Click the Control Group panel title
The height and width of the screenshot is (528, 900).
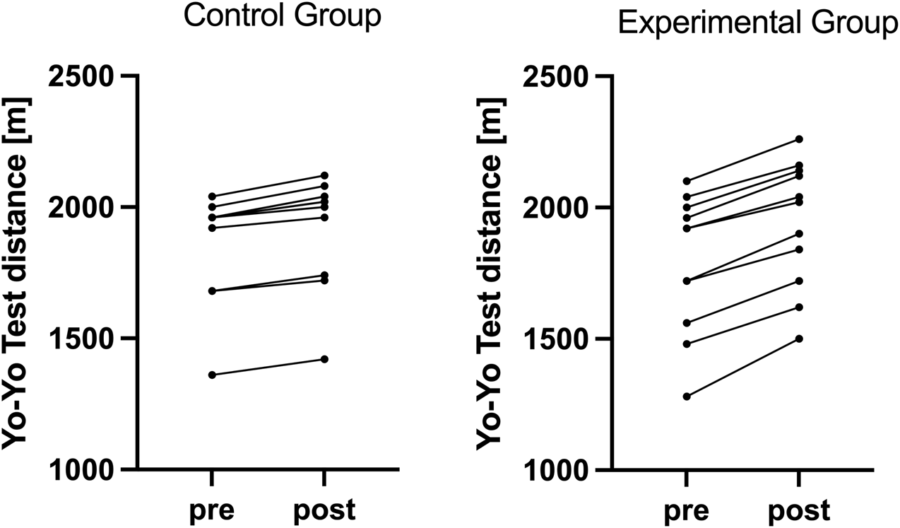pos(282,18)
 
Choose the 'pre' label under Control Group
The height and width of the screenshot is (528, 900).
pos(212,510)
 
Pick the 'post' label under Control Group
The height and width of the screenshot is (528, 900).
pos(324,510)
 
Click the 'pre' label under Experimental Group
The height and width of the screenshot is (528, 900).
pos(687,510)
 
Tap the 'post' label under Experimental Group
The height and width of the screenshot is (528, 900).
pos(798,510)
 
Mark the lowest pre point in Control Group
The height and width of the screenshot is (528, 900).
pos(212,375)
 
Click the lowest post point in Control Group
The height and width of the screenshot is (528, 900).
pos(324,359)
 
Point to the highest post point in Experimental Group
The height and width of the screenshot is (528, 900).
pos(799,139)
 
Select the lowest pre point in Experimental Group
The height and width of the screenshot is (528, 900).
pos(687,396)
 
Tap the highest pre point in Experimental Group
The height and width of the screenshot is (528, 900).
pos(687,181)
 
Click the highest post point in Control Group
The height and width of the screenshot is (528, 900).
pos(324,175)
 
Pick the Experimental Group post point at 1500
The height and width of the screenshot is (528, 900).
pos(799,339)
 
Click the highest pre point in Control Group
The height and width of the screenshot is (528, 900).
pos(212,196)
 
